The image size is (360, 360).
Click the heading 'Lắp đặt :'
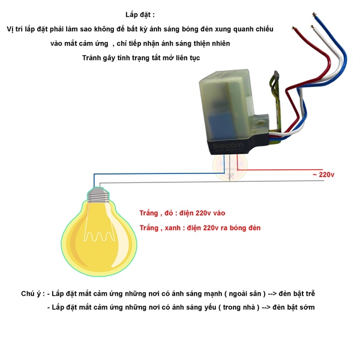[140, 15]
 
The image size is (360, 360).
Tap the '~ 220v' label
[323, 175]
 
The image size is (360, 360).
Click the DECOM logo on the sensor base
[228, 146]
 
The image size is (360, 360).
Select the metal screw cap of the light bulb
[99, 195]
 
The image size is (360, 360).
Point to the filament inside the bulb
[99, 236]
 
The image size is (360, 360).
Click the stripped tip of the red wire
[293, 28]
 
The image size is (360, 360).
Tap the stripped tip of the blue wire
[314, 15]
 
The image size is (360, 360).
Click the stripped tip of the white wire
[312, 27]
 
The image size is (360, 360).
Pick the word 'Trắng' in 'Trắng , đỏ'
[149, 213]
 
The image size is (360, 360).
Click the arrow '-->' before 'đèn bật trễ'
[272, 294]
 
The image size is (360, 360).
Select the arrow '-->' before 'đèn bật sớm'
[266, 308]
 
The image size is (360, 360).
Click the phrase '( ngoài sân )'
[245, 294]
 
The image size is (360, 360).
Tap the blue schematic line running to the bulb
[158, 173]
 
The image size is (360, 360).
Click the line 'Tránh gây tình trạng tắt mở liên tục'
[141, 58]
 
